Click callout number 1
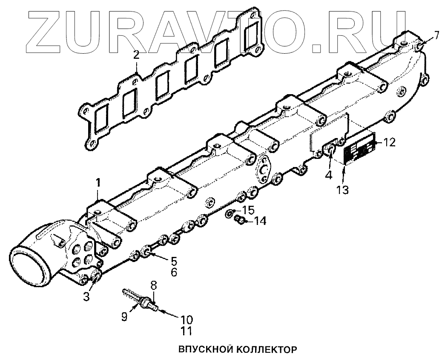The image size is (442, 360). click(x=98, y=183)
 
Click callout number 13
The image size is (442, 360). click(x=343, y=190)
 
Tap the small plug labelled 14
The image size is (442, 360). click(x=240, y=220)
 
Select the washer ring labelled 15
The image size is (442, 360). click(x=230, y=213)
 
